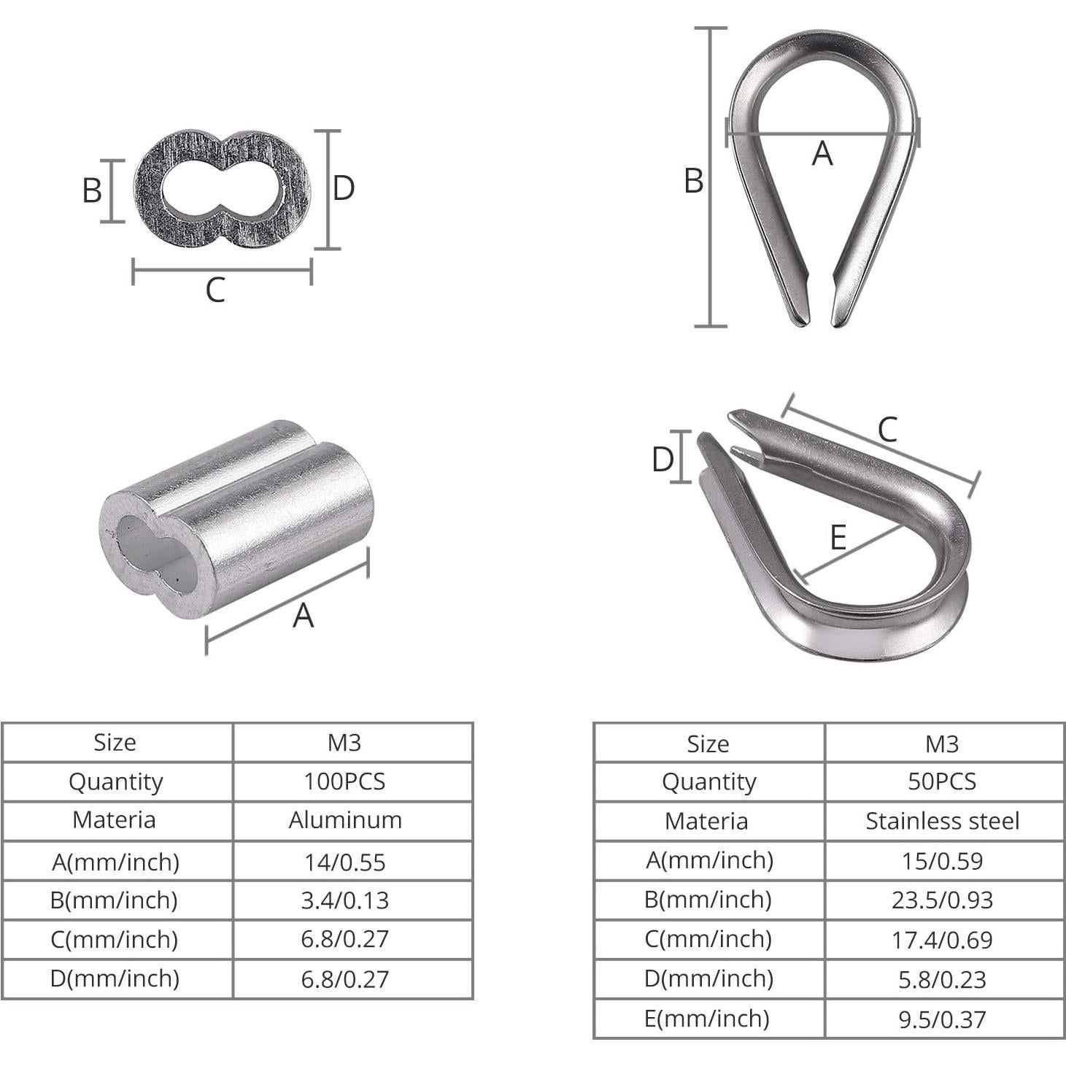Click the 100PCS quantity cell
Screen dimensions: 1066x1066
pyautogui.click(x=344, y=781)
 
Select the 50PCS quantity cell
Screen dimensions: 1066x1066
pyautogui.click(x=941, y=781)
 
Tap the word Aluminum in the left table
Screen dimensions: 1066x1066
pyautogui.click(x=345, y=820)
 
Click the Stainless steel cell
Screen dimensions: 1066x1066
pyautogui.click(x=942, y=821)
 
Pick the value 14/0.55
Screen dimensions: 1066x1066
pyautogui.click(x=344, y=862)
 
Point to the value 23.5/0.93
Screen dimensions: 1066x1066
pyautogui.click(x=942, y=900)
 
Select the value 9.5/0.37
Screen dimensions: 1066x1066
pyautogui.click(x=942, y=1019)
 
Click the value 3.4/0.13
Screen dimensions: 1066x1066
pyautogui.click(x=344, y=900)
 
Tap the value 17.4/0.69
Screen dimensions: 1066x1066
pyautogui.click(x=942, y=940)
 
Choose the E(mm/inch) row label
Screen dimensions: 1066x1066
pyautogui.click(x=707, y=1019)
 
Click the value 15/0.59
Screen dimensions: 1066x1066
pyautogui.click(x=942, y=861)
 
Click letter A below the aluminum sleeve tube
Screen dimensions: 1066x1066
pyautogui.click(x=303, y=616)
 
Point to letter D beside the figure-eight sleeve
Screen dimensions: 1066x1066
pyautogui.click(x=343, y=188)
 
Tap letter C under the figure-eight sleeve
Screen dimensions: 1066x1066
pyautogui.click(x=215, y=290)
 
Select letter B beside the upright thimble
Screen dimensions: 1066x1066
pyautogui.click(x=693, y=181)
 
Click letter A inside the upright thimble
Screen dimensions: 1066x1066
pyautogui.click(x=822, y=154)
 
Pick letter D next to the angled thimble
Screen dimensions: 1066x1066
pyautogui.click(x=663, y=460)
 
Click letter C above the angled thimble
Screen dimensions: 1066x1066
pyautogui.click(x=887, y=430)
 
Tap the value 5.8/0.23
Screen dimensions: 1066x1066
pyautogui.click(x=942, y=979)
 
